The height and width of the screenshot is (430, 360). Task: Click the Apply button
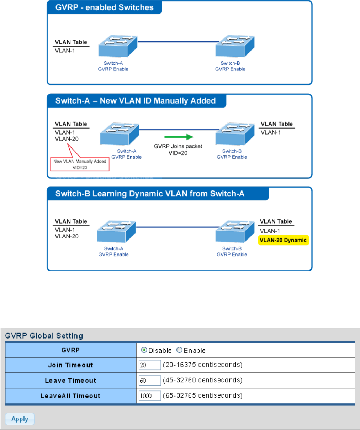(x=20, y=419)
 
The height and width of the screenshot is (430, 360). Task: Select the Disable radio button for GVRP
(x=144, y=350)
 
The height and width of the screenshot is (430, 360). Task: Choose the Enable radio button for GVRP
(x=180, y=350)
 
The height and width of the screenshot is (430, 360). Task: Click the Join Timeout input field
(x=150, y=365)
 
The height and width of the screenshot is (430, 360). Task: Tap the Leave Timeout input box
(x=150, y=381)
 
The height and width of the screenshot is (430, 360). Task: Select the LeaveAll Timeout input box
(x=150, y=396)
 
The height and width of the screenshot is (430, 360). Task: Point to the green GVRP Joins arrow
(x=179, y=137)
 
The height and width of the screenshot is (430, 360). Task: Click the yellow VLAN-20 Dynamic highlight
(x=283, y=240)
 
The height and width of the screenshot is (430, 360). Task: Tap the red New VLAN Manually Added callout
(x=80, y=164)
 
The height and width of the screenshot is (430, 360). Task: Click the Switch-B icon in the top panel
(x=235, y=46)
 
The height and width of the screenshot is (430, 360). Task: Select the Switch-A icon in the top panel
(x=118, y=46)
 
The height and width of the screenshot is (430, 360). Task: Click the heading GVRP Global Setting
(x=44, y=336)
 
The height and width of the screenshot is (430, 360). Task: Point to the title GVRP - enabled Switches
(x=105, y=7)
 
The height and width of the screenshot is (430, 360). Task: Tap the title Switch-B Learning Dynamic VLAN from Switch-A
(x=150, y=194)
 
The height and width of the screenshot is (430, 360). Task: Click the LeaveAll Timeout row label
(x=70, y=396)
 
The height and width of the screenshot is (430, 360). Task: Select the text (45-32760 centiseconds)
(x=203, y=380)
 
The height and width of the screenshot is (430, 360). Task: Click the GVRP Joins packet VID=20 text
(x=178, y=150)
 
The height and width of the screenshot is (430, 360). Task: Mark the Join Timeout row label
(x=70, y=365)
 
